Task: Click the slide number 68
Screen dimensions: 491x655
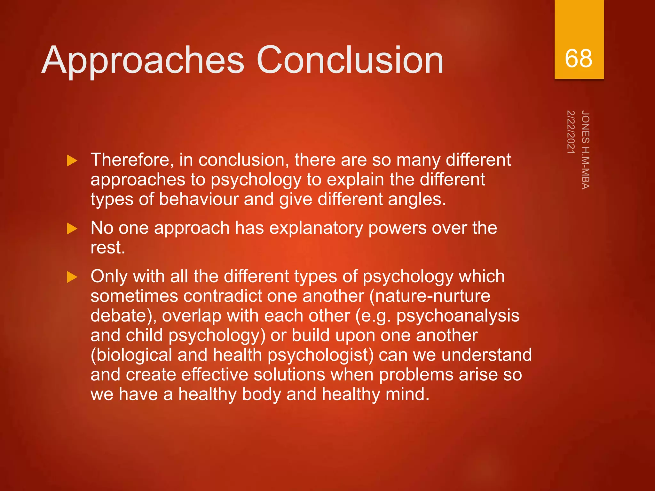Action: [578, 59]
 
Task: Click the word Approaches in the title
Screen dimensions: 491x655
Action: [143, 61]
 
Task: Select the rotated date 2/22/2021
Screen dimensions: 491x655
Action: [571, 132]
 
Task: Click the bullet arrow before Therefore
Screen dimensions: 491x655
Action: [72, 160]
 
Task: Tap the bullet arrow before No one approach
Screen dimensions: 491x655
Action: [72, 229]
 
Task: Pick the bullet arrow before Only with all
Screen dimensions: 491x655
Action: [72, 277]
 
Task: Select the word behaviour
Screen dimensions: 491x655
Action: [199, 199]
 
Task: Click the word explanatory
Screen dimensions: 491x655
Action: [316, 228]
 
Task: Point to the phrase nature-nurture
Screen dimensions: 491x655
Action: [432, 296]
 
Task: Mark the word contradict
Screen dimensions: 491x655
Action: [223, 296]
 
